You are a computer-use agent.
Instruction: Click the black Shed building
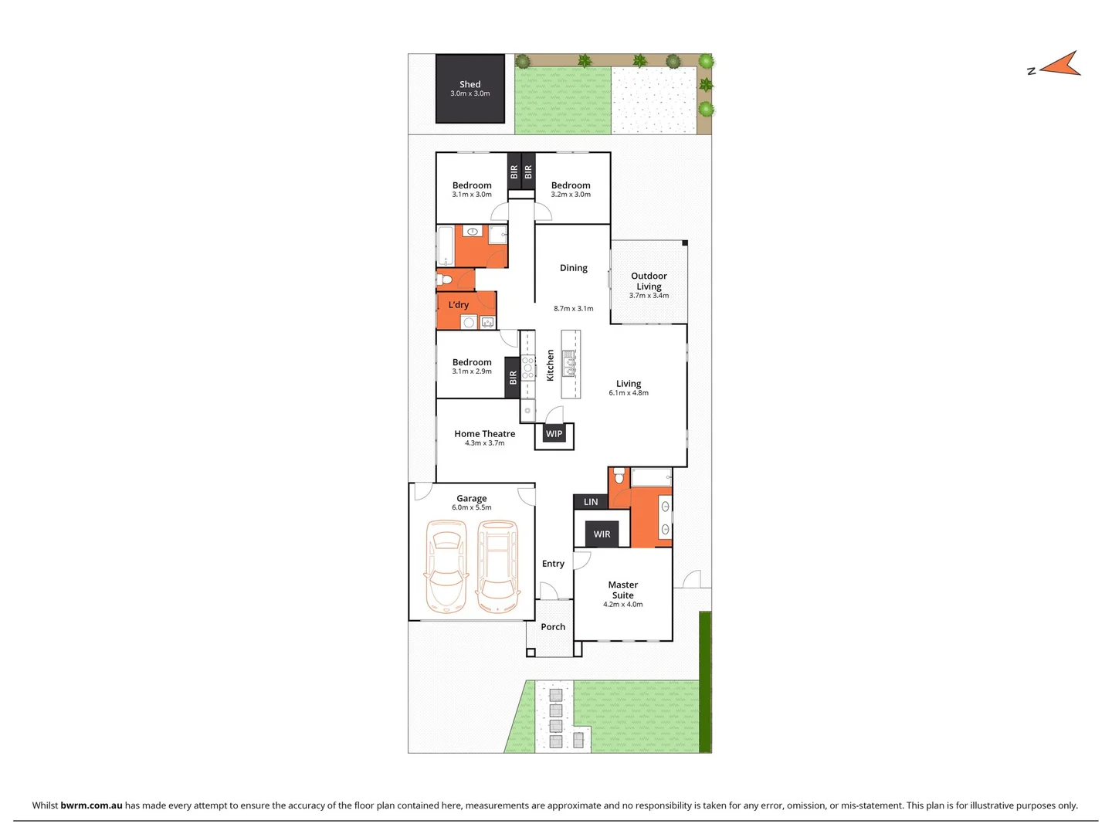470,89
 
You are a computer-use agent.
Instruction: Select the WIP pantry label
554,434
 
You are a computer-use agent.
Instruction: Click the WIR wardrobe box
602,534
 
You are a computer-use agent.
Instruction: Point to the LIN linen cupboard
591,502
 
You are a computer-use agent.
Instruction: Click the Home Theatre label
484,434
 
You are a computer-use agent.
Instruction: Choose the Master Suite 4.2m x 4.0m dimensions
622,605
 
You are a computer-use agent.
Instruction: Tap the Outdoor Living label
649,281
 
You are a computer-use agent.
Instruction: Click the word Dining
574,268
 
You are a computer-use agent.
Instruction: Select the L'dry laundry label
459,305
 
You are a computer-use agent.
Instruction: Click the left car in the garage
446,566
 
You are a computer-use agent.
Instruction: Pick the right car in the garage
497,566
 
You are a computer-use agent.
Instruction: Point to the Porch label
553,627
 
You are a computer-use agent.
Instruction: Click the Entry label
553,564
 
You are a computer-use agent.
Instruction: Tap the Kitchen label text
551,365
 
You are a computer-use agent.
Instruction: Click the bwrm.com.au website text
91,805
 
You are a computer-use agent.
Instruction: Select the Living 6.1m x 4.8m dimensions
629,393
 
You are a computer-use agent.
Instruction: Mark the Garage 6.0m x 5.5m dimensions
472,507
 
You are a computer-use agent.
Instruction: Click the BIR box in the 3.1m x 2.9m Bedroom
513,378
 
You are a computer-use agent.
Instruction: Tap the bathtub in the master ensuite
651,478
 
